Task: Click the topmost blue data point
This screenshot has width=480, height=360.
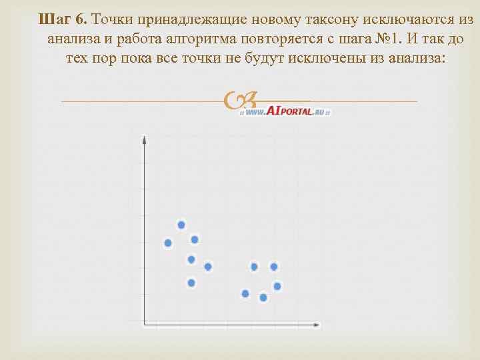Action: pyautogui.click(x=181, y=225)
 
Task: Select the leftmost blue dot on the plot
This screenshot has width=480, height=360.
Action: pyautogui.click(x=168, y=243)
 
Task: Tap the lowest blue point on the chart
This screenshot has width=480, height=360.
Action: pyautogui.click(x=263, y=297)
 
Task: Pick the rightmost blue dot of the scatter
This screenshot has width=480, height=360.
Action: pyautogui.click(x=277, y=286)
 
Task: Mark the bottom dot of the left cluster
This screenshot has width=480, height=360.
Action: pyautogui.click(x=191, y=283)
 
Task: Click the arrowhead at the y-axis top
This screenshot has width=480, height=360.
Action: pyautogui.click(x=145, y=139)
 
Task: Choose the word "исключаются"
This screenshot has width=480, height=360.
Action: pyautogui.click(x=407, y=18)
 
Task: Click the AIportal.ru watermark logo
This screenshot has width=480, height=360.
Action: pyautogui.click(x=287, y=111)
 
